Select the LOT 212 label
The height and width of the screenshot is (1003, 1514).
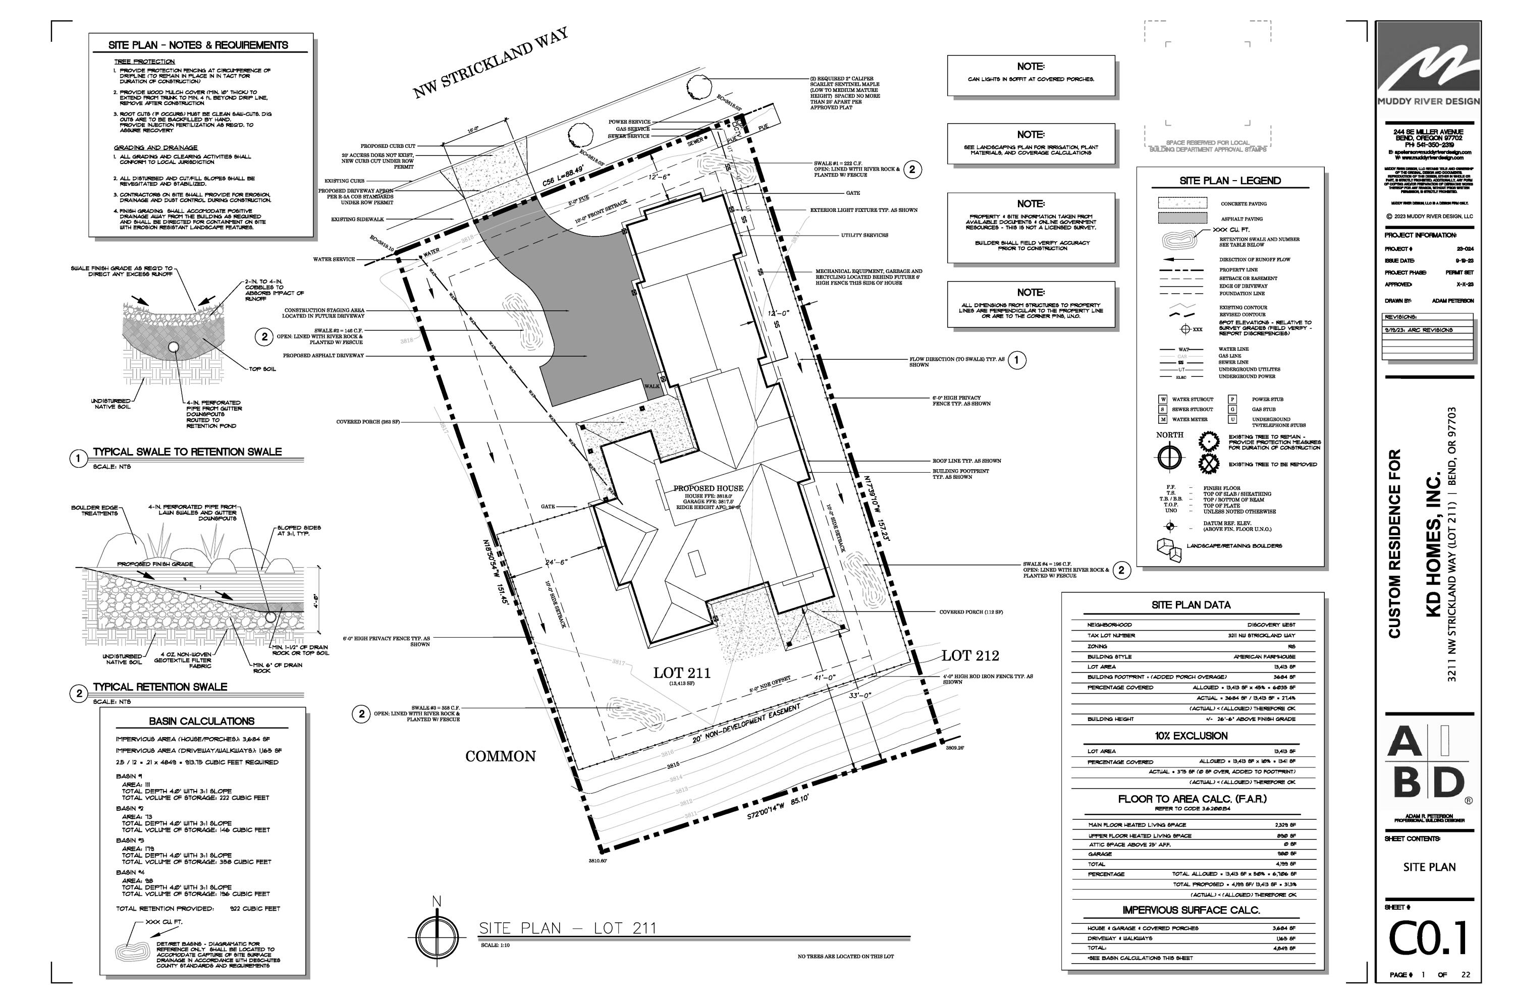pyautogui.click(x=969, y=655)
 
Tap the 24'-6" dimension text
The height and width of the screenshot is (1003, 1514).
pyautogui.click(x=556, y=562)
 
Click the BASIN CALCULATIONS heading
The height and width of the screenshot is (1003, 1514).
pyautogui.click(x=201, y=721)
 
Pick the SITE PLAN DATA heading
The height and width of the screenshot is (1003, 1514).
pyautogui.click(x=1190, y=604)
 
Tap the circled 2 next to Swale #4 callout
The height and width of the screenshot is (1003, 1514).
pyautogui.click(x=1121, y=570)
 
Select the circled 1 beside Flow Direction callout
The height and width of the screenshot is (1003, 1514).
pyautogui.click(x=1017, y=360)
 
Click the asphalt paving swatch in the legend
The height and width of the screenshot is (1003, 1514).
pyautogui.click(x=1182, y=218)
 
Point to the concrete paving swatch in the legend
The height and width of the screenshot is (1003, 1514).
pyautogui.click(x=1182, y=203)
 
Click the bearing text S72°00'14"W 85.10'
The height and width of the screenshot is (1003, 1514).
pyautogui.click(x=778, y=807)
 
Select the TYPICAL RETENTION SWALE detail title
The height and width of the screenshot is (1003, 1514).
pyautogui.click(x=160, y=687)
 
